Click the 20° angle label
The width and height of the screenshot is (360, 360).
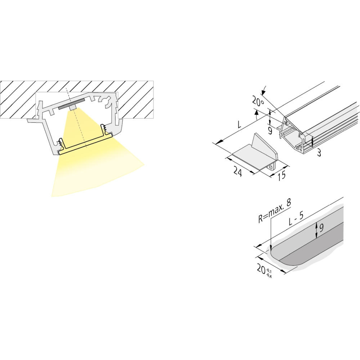258,101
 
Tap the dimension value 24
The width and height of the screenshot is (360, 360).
238,171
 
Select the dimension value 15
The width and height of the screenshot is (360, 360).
282,175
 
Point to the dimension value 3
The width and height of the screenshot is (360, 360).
319,152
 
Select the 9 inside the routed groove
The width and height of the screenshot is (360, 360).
321,228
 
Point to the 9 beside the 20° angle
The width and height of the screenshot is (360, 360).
270,131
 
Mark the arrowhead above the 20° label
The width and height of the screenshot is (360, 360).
263,92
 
